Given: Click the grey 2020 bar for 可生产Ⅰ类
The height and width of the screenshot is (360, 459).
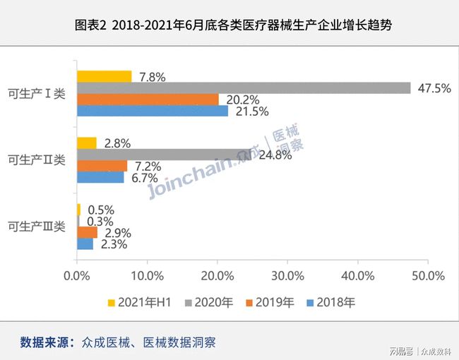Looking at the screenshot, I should click(x=244, y=88).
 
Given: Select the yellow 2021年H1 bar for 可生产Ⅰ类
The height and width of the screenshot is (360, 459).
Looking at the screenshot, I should click(x=104, y=77).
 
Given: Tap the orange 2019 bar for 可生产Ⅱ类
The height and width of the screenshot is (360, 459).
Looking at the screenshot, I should click(x=102, y=166).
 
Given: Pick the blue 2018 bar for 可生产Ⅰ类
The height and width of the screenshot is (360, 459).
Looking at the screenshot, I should click(x=152, y=111).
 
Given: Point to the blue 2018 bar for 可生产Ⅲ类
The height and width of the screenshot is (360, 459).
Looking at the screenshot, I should click(x=85, y=244).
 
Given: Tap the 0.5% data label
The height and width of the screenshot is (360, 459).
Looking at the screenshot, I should click(x=100, y=210).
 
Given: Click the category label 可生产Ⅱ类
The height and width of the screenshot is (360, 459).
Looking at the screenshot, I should click(x=37, y=160).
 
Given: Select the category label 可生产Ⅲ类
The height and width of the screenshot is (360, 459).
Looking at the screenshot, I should click(x=37, y=227).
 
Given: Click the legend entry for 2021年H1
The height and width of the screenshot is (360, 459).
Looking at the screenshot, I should click(x=141, y=303).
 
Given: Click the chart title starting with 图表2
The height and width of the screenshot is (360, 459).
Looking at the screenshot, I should click(x=229, y=25).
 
